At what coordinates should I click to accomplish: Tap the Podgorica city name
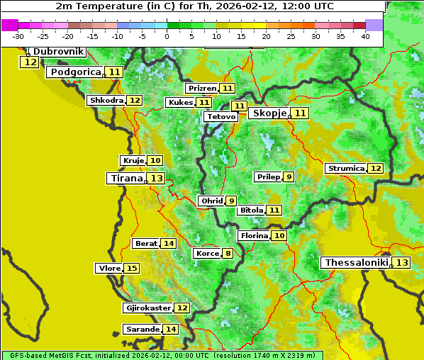[x=74, y=72]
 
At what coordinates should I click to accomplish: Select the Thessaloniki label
[x=356, y=263]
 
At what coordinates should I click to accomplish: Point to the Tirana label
[x=125, y=178]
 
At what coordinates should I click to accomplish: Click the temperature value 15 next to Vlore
[x=132, y=268]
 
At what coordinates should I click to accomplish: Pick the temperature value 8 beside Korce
[x=228, y=254]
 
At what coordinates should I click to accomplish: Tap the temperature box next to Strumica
[x=375, y=169]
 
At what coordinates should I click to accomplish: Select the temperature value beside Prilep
[x=289, y=176]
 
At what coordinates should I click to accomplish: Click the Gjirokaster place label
[x=147, y=308]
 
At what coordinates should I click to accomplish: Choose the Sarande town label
[x=142, y=330]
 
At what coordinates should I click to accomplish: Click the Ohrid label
[x=211, y=201]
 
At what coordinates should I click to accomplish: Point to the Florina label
[x=254, y=235]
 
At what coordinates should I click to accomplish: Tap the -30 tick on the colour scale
[x=18, y=36]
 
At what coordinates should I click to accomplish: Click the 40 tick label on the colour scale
[x=364, y=36]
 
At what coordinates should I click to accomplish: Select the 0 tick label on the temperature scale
[x=167, y=36]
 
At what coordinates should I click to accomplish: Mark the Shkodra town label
[x=106, y=101]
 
